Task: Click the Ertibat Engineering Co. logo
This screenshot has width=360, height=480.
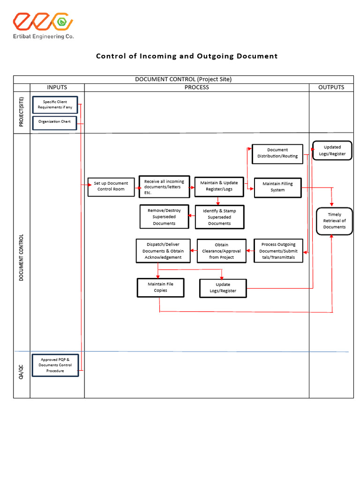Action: [x=43, y=26]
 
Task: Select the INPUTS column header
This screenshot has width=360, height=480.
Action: [x=57, y=87]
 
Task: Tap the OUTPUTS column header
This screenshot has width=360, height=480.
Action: [x=331, y=87]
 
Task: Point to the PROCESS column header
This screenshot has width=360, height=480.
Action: [x=196, y=87]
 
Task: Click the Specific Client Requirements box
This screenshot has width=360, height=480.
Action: [x=55, y=105]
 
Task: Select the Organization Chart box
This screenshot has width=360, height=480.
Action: [x=55, y=122]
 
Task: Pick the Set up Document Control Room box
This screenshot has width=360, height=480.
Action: [x=111, y=187]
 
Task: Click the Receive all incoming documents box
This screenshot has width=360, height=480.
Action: [x=164, y=187]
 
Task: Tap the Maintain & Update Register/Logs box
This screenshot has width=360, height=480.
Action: [x=219, y=186]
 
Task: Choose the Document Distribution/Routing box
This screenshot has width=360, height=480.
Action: [x=277, y=153]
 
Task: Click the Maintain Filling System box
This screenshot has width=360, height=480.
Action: [x=277, y=187]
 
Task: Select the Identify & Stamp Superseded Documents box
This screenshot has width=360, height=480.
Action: [x=219, y=217]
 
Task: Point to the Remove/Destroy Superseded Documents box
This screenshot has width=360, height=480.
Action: [x=164, y=217]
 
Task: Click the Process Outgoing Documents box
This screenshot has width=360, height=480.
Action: [x=278, y=251]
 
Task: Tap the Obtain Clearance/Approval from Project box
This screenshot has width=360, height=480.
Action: [x=221, y=251]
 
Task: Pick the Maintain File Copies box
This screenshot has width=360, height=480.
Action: [x=160, y=287]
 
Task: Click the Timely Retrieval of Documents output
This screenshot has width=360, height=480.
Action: [x=334, y=221]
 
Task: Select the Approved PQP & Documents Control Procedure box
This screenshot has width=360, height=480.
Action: [x=55, y=365]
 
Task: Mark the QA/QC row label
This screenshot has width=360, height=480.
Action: [x=22, y=374]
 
